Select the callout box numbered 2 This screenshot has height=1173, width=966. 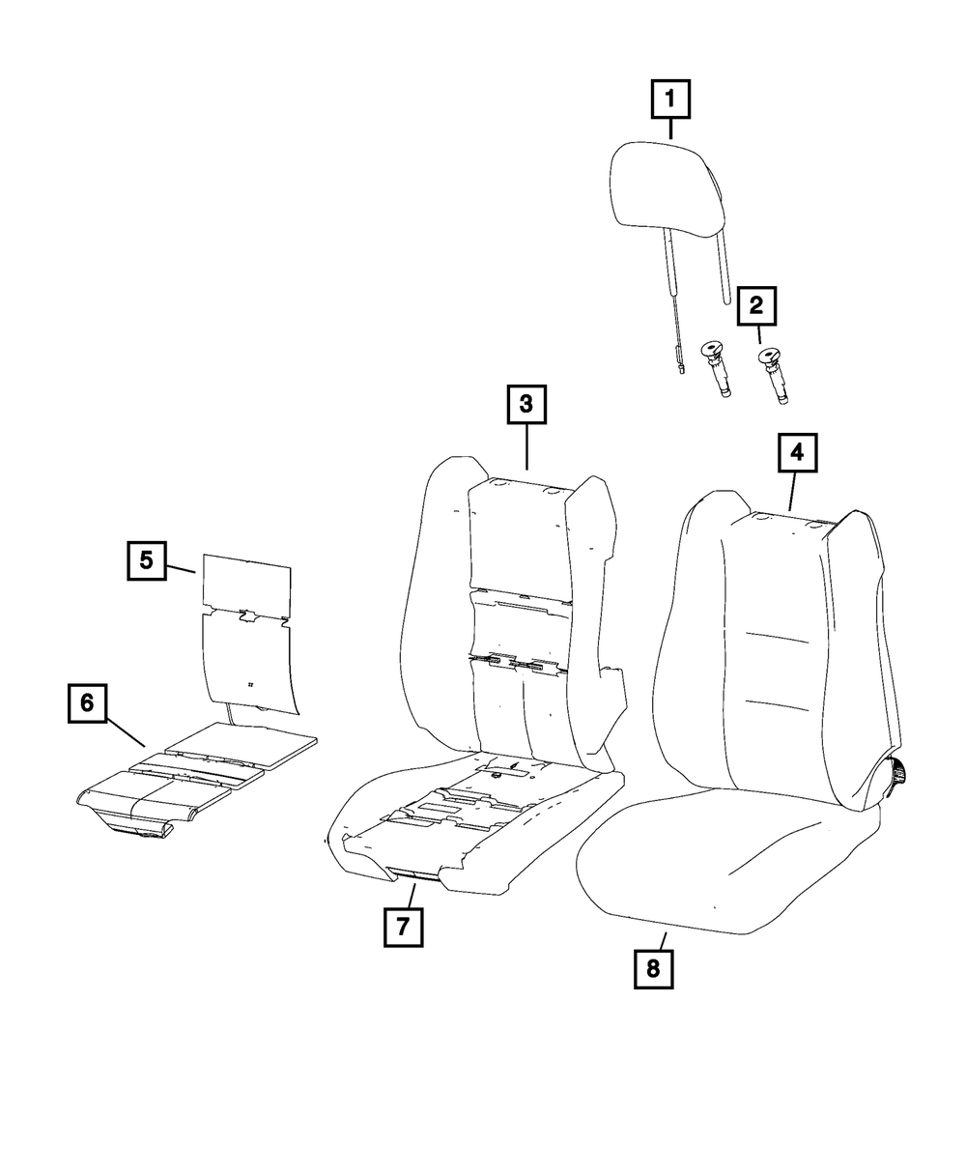756,306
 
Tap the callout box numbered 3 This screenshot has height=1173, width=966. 526,405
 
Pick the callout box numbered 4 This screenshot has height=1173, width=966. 797,452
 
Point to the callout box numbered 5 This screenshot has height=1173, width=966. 146,559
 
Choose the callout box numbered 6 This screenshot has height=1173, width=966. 87,703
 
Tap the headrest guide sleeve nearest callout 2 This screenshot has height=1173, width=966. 772,376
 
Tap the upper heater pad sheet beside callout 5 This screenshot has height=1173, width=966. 247,584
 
